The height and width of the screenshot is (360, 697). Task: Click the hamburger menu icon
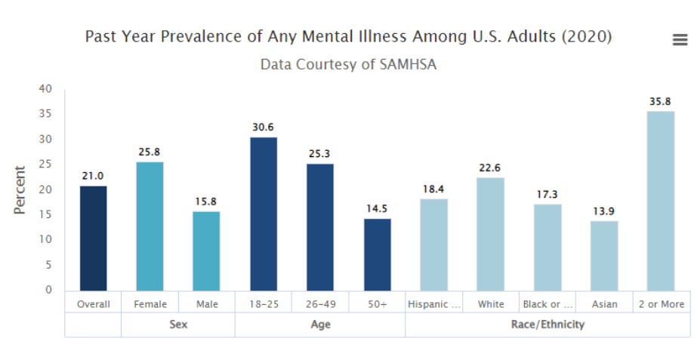pyautogui.click(x=680, y=40)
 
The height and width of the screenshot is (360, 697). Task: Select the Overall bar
pyautogui.click(x=93, y=238)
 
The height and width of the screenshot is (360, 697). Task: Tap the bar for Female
pyautogui.click(x=150, y=226)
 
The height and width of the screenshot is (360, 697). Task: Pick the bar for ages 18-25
pyautogui.click(x=264, y=214)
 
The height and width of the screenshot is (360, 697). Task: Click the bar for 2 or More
pyautogui.click(x=661, y=201)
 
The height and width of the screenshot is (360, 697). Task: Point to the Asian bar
pyautogui.click(x=604, y=255)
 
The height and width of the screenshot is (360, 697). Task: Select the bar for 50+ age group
pyautogui.click(x=377, y=254)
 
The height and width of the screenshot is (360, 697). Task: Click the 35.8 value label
pyautogui.click(x=661, y=101)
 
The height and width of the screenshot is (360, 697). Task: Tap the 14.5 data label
pyautogui.click(x=377, y=208)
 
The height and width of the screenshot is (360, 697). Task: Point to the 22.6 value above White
pyautogui.click(x=490, y=168)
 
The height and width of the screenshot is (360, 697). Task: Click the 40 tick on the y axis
pyautogui.click(x=45, y=89)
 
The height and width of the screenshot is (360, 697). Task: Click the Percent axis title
pyautogui.click(x=20, y=189)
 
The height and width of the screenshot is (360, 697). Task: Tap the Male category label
pyautogui.click(x=206, y=304)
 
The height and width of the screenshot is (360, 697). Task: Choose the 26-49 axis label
pyautogui.click(x=320, y=304)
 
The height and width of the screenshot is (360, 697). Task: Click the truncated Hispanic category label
pyautogui.click(x=433, y=304)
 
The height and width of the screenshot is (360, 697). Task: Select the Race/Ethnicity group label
pyautogui.click(x=547, y=325)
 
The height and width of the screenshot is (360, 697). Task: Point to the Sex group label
pyautogui.click(x=178, y=325)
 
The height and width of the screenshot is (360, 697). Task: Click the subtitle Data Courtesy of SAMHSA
pyautogui.click(x=348, y=64)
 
